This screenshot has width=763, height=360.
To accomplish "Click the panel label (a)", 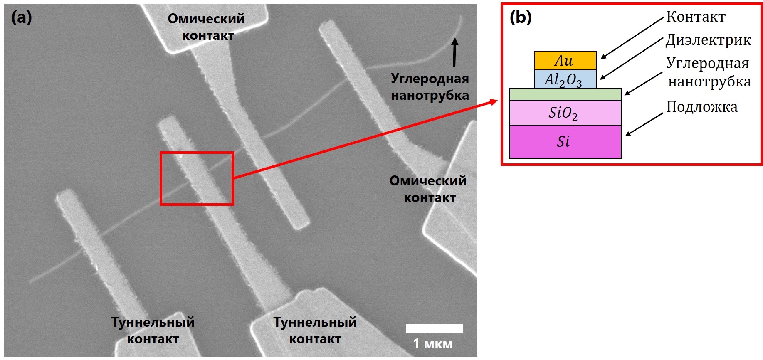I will (x=21, y=17).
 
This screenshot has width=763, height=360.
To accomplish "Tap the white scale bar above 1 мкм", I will (x=434, y=328).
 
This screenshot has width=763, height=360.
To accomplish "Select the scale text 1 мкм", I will (x=432, y=344).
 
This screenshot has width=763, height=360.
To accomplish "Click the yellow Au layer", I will (x=565, y=61).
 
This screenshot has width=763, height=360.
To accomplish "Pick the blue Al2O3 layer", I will (x=565, y=79).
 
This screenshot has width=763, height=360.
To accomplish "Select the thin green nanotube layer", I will (x=565, y=94).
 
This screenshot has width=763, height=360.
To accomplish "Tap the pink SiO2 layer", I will (x=565, y=113).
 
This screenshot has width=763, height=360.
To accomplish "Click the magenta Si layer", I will (x=565, y=141).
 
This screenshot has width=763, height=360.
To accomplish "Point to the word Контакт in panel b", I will (x=696, y=17).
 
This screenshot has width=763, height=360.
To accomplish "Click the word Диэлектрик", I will (x=708, y=40).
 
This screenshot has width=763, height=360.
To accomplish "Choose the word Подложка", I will (x=702, y=107).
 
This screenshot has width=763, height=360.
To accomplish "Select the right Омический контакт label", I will (x=428, y=189).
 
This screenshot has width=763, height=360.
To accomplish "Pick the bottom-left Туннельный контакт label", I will (x=153, y=330).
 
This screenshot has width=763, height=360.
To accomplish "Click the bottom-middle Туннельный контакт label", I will (x=315, y=330).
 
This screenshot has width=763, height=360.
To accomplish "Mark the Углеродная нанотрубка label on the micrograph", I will (x=430, y=87).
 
